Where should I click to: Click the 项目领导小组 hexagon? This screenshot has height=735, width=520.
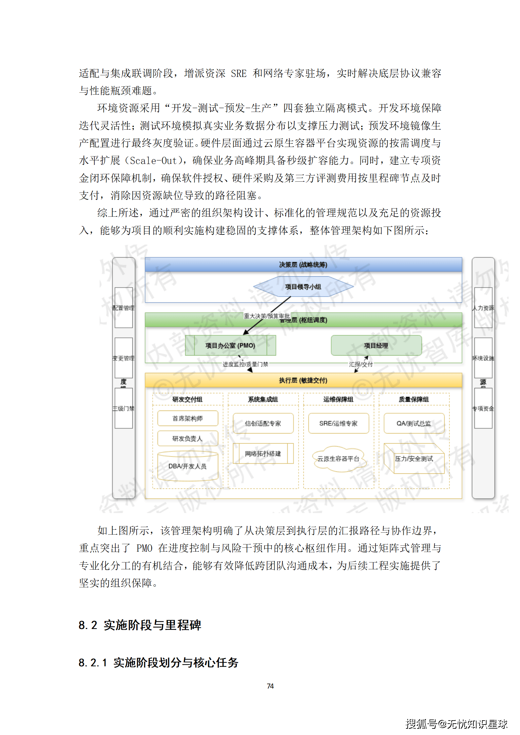point(303,286)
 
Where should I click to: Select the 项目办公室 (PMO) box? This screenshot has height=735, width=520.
point(230,345)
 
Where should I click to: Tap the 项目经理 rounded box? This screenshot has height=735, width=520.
point(376,345)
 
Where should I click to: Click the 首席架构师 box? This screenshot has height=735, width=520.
point(187,418)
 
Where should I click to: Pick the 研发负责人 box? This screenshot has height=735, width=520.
point(187,438)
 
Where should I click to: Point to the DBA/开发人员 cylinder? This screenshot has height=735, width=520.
point(187,466)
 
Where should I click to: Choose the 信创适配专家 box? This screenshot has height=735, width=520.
point(263,423)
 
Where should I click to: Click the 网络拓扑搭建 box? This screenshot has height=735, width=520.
point(263,453)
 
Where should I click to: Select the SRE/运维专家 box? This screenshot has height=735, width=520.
point(338,423)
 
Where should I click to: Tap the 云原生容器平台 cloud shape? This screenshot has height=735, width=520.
point(338,459)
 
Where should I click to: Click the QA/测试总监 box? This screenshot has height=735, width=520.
point(414,423)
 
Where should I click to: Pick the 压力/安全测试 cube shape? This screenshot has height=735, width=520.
point(414,459)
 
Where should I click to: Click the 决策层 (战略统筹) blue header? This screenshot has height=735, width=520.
point(303,265)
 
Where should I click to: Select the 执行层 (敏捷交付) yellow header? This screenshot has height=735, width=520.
point(303,380)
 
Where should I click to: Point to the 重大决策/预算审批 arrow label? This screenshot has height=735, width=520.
point(267,316)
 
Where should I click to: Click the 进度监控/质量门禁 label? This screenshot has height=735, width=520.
point(245,364)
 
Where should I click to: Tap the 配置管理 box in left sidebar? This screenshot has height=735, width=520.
point(124,308)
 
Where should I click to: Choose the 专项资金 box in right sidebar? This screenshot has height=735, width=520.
point(483,408)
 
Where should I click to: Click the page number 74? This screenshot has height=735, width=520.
point(270,686)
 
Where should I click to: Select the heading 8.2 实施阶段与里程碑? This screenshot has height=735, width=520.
point(140,625)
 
